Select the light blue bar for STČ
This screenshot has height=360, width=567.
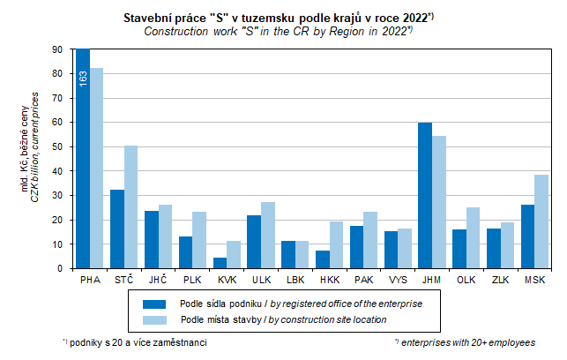pos(131,207)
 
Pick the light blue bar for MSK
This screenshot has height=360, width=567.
pos(541,221)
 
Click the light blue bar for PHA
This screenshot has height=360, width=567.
pos(96,168)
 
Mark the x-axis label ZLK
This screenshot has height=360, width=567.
pos(500,280)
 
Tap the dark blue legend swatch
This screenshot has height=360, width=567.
pos(156,303)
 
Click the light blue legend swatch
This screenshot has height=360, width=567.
pos(156,319)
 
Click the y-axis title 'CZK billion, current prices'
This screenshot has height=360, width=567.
pos(35,159)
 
